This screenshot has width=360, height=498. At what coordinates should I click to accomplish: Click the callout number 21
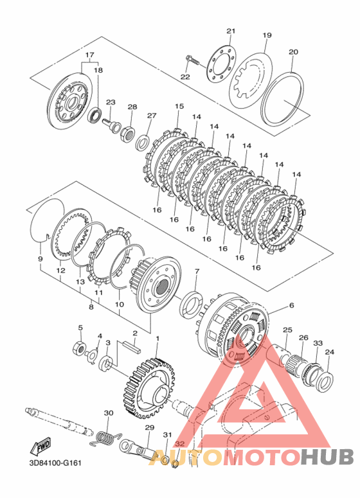click(x=231, y=31)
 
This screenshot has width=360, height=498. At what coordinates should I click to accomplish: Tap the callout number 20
click(x=293, y=51)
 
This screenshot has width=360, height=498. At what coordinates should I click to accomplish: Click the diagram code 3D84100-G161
click(x=55, y=463)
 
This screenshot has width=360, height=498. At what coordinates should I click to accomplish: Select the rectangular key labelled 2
click(x=132, y=347)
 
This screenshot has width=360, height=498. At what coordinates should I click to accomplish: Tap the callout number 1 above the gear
click(x=157, y=339)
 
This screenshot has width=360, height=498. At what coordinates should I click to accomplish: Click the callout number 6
click(x=291, y=305)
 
